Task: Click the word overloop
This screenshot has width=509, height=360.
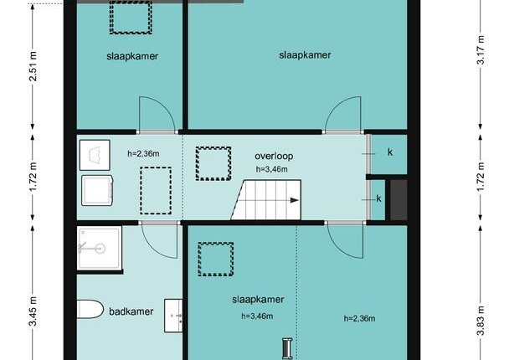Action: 274,156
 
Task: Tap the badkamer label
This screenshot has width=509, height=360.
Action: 131,311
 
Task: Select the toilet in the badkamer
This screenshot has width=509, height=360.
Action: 90,309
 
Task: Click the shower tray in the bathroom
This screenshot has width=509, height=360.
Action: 100,249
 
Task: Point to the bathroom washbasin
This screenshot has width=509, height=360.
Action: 173,316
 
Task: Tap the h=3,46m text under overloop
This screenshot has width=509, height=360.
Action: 272,169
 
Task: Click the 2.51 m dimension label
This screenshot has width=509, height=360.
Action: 33,70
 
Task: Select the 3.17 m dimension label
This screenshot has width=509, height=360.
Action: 481,50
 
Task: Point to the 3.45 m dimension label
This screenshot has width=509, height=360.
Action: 33,311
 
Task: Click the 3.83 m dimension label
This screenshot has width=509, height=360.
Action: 481,321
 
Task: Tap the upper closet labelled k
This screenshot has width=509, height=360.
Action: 389,155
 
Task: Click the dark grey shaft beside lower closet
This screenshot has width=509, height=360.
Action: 398,200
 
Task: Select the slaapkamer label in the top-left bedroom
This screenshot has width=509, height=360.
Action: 132,56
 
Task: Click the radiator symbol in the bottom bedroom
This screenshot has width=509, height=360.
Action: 287,348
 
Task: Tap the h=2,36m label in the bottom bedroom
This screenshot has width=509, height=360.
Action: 359,318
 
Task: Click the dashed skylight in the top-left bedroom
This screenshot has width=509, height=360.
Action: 131,18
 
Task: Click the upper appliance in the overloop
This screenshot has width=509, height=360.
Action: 95,155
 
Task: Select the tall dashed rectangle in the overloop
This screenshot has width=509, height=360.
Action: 156,191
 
